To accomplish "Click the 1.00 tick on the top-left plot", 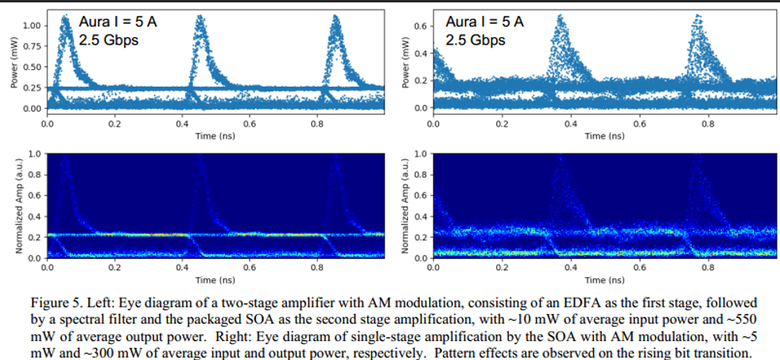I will [x=31, y=25].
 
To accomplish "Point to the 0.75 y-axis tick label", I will [x=31, y=46].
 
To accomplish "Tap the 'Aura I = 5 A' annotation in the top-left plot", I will [x=118, y=22].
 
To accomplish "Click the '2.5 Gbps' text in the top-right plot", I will [x=475, y=40].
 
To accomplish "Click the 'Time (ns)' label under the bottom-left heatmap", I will [x=215, y=280].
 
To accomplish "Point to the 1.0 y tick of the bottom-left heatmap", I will [x=34, y=153].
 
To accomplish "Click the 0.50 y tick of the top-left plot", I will [x=31, y=67].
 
